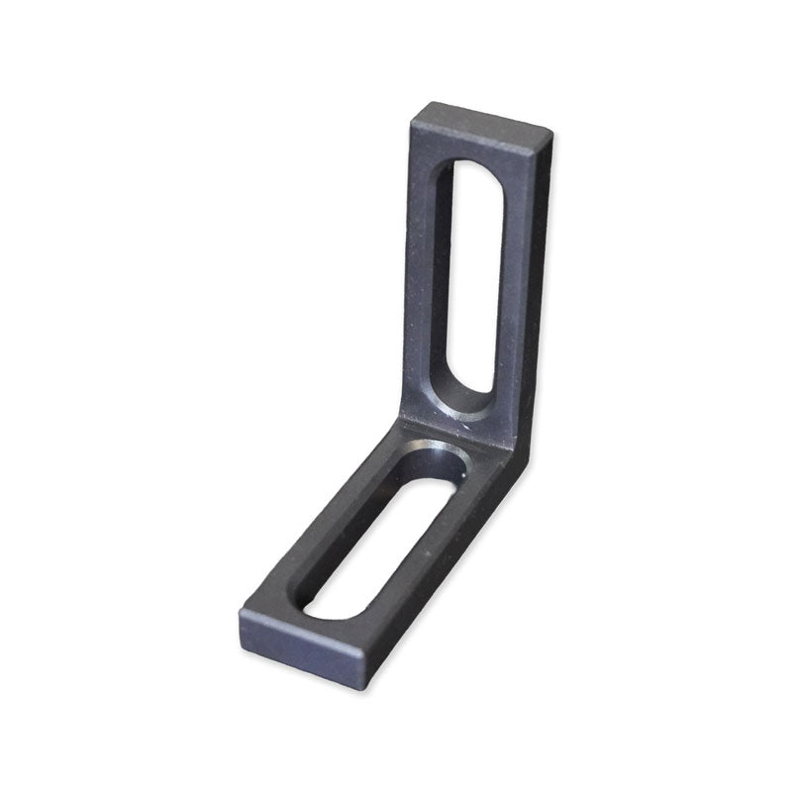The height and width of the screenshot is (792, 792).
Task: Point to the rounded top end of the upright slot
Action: click(464, 170)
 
